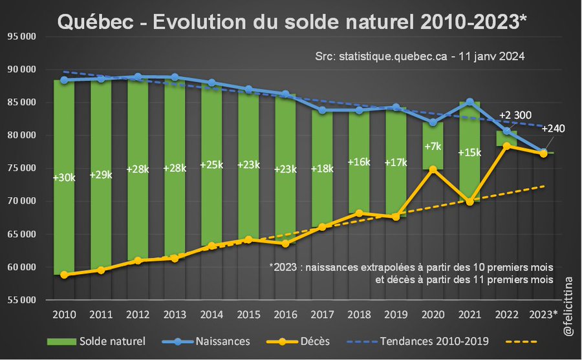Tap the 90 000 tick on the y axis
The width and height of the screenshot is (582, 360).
click(21, 69)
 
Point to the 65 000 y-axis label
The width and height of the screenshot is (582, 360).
click(21, 234)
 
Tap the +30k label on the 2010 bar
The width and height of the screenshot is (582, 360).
click(64, 177)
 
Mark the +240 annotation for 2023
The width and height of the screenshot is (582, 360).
click(553, 128)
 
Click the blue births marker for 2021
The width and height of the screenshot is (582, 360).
click(469, 102)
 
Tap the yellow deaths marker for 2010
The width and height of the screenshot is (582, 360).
click(64, 274)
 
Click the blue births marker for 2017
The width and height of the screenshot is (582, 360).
click(322, 110)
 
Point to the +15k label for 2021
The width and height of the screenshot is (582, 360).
click(469, 153)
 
